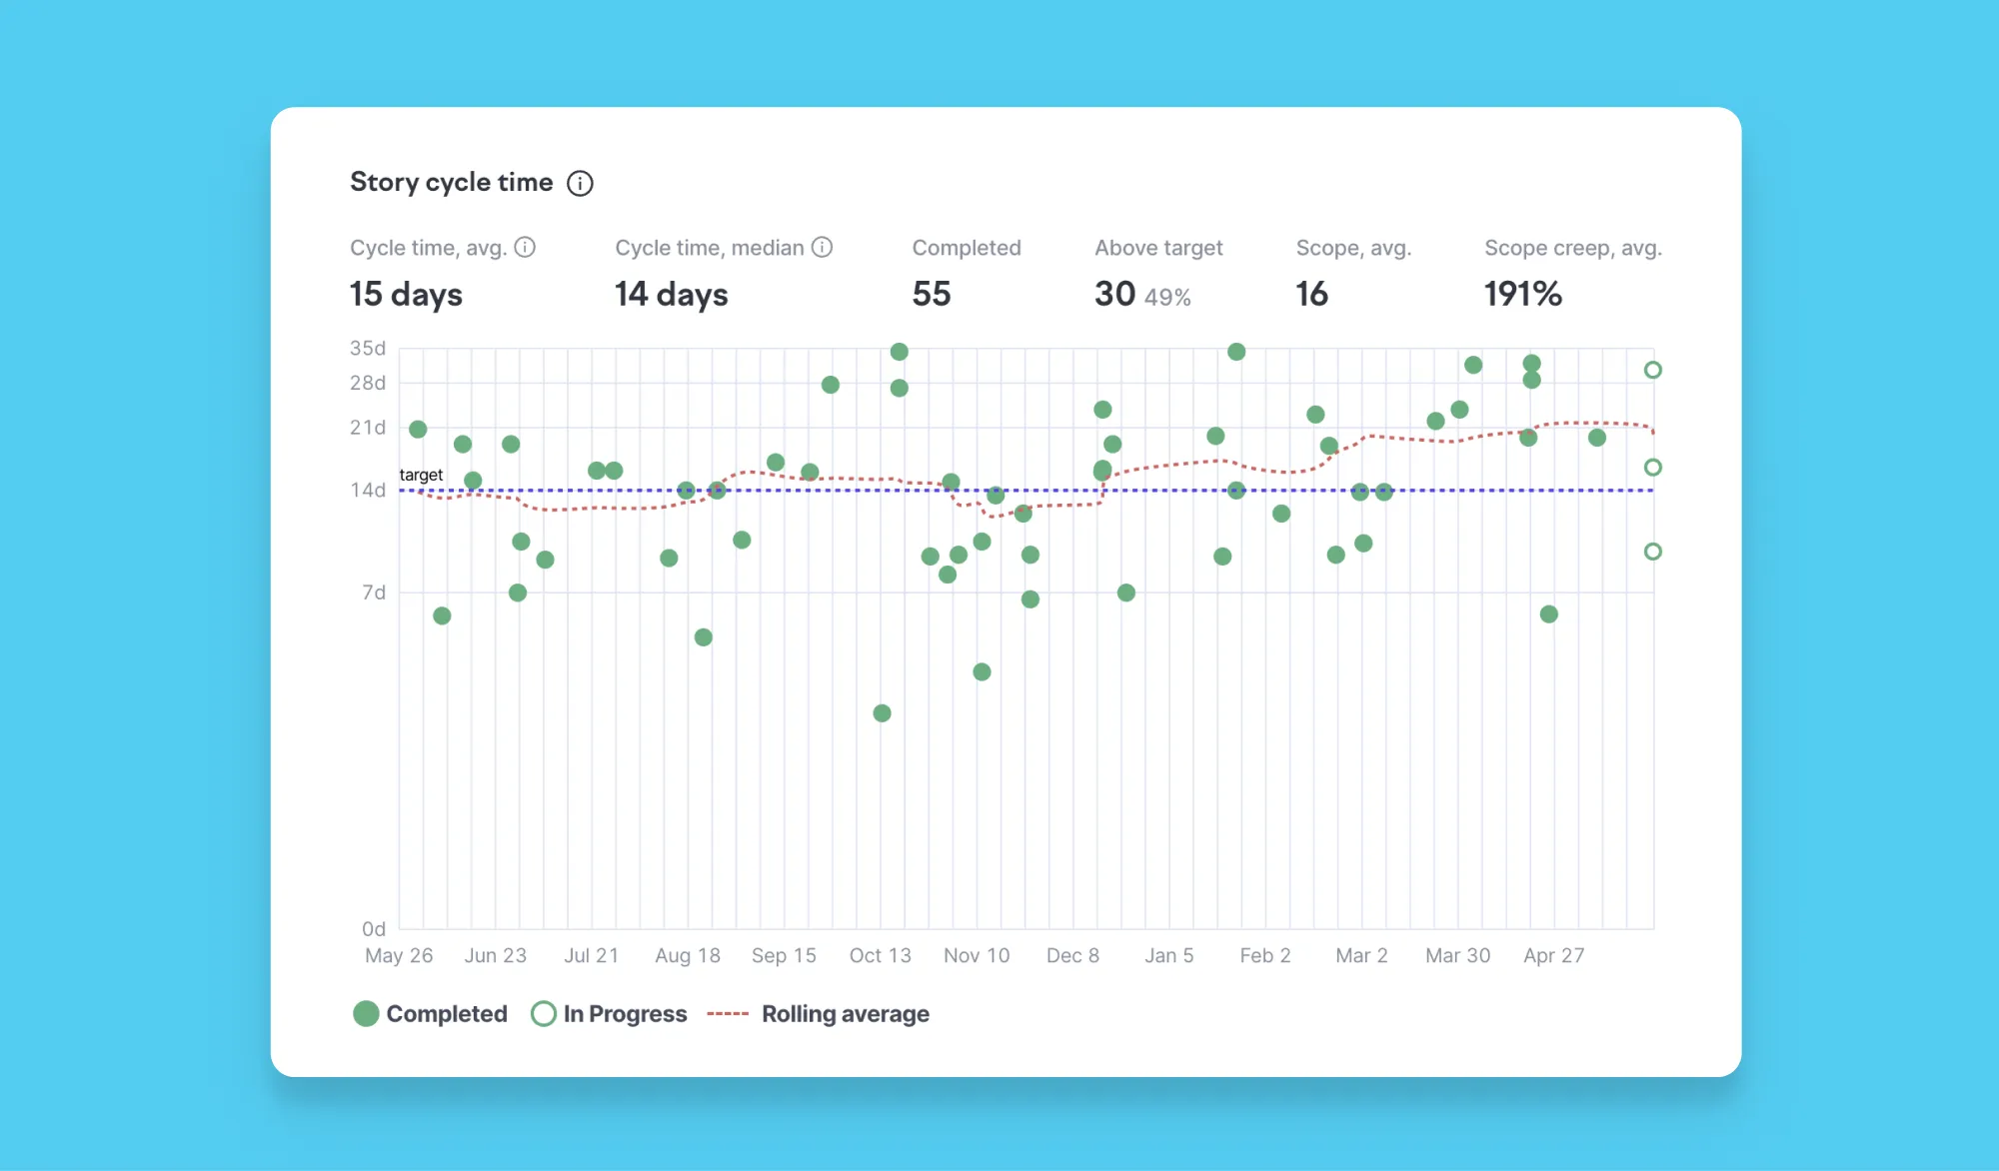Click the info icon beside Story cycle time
click(580, 183)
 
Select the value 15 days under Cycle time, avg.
click(406, 294)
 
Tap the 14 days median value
click(671, 294)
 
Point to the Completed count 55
click(932, 294)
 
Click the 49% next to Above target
click(1167, 297)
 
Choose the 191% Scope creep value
click(1522, 294)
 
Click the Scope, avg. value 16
click(1311, 294)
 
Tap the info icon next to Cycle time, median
click(822, 247)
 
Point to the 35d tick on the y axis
click(367, 348)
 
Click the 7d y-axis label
click(374, 592)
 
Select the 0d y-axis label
click(374, 929)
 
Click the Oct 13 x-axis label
click(880, 955)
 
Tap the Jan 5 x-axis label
click(1168, 955)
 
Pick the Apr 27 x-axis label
click(1553, 955)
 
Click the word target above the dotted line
click(421, 475)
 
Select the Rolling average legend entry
click(818, 1014)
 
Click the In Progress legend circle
click(543, 1014)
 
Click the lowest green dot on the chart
click(882, 713)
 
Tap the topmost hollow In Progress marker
click(1653, 370)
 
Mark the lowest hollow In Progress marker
click(1653, 552)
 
